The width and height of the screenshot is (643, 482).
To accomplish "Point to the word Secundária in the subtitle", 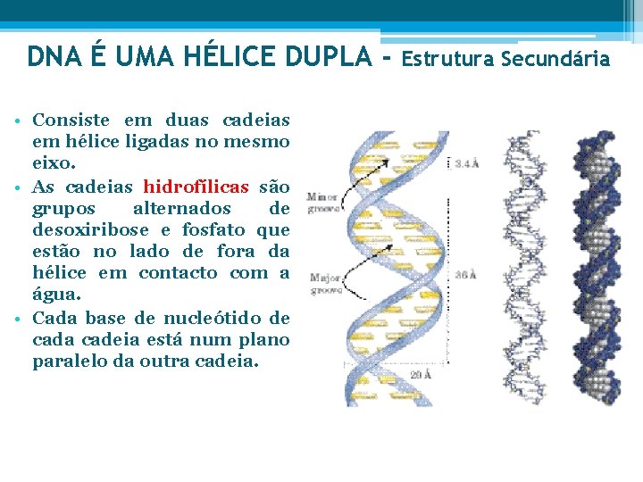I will click(x=555, y=60).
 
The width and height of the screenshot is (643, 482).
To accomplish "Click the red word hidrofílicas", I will click(x=196, y=187).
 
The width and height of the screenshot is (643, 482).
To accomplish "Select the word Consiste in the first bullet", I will click(x=71, y=120).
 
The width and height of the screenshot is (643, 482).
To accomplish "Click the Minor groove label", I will click(x=321, y=202).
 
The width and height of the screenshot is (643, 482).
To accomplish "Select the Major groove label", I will click(x=322, y=283).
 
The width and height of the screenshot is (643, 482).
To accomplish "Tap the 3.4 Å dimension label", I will click(x=466, y=163).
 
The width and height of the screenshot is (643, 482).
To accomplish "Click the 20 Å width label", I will click(x=420, y=376).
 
